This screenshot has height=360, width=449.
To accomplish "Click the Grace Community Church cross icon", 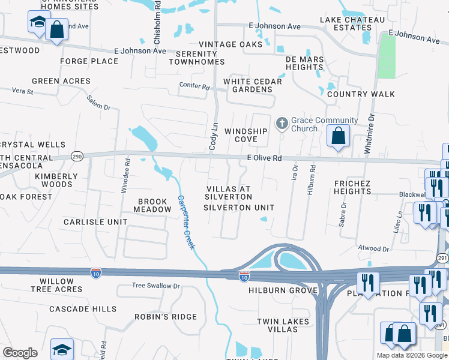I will click(282, 124).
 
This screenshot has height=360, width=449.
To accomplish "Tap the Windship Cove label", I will click(246, 135).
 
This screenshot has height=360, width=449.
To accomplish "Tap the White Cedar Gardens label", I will click(248, 85).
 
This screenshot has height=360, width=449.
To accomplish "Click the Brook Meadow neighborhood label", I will click(154, 206).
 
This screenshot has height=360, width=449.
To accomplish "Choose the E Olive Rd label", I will click(264, 158).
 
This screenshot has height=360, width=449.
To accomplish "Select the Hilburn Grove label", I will click(282, 290).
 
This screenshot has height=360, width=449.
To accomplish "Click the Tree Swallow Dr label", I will click(155, 286).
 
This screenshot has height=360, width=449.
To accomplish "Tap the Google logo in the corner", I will click(20, 353).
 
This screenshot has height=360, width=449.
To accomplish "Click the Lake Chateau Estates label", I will click(352, 23).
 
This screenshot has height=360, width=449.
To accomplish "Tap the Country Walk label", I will click(361, 94).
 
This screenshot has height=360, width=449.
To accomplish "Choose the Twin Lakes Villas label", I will click(283, 326).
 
